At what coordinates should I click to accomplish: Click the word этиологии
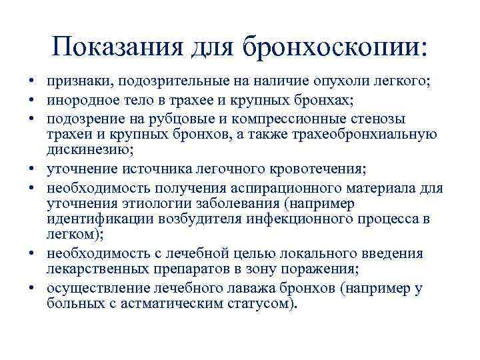coord(146,203)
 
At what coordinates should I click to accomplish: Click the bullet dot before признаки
coord(31,82)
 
